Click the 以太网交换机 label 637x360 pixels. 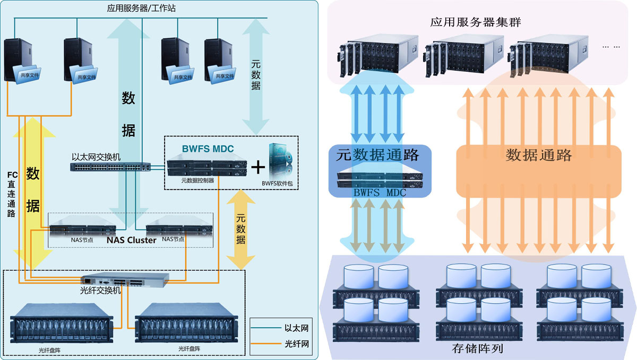coord(96,157)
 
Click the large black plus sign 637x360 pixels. coord(258,167)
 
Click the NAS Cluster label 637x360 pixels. coord(131,240)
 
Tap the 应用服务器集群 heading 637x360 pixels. coord(476,22)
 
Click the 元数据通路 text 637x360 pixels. coord(377,156)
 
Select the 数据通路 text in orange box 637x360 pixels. coord(539,155)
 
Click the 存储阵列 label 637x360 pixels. coord(477,349)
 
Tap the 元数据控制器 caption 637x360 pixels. coord(197,181)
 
